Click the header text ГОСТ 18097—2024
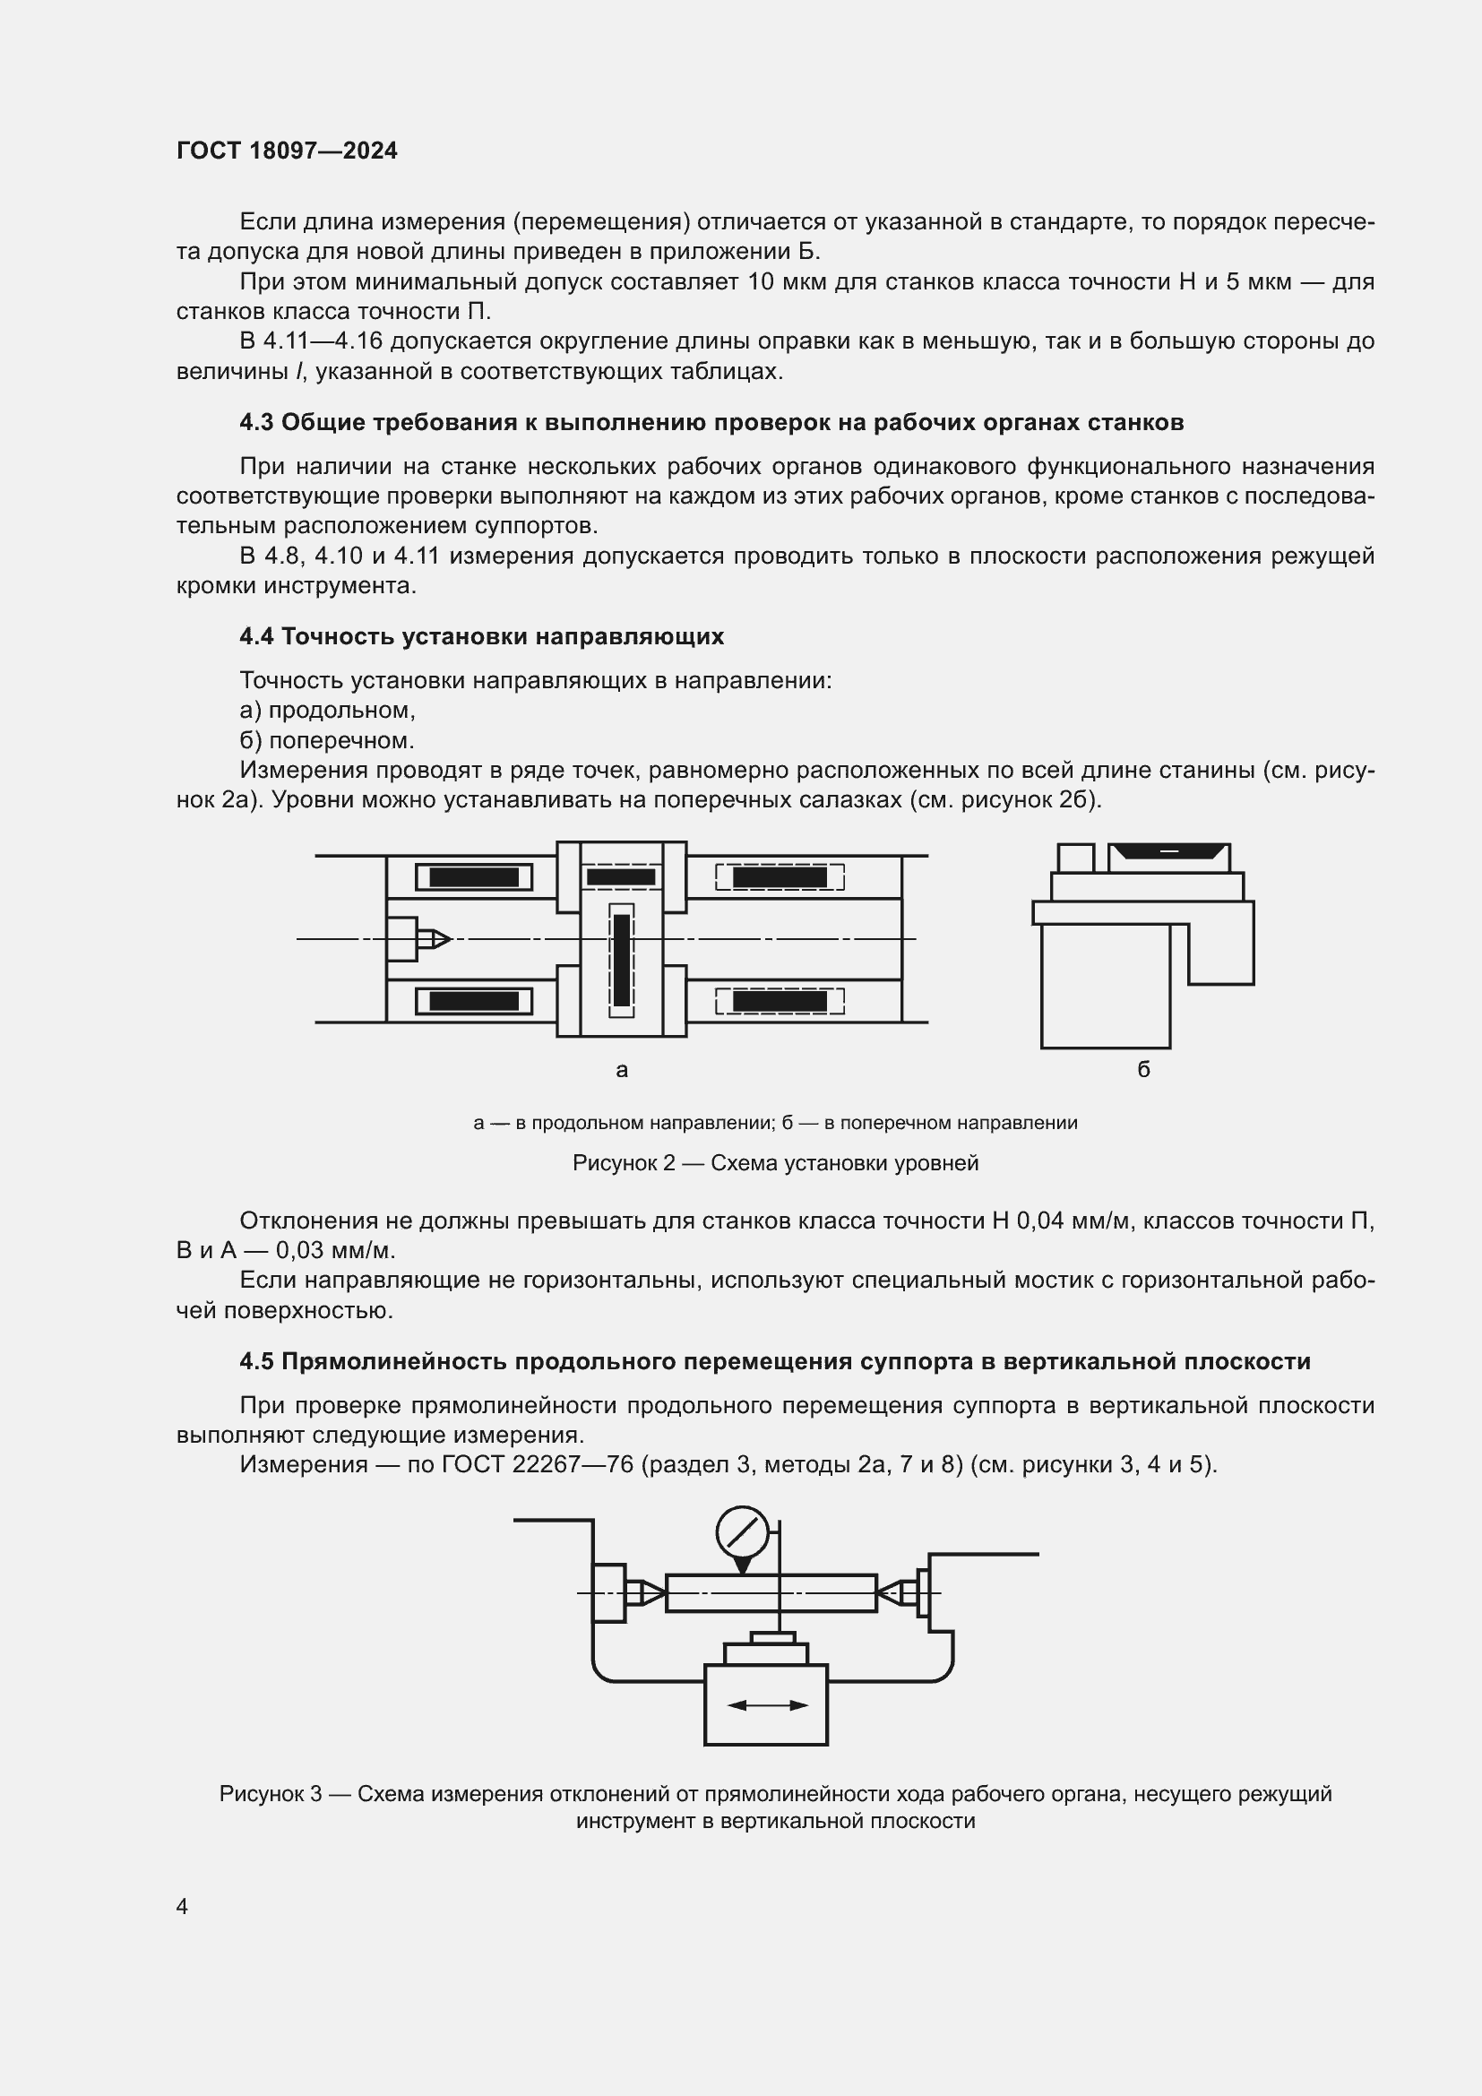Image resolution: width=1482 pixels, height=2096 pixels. (x=287, y=151)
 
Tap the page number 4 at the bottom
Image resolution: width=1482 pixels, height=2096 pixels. (x=182, y=1906)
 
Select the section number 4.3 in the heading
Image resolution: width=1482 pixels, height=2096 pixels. (x=256, y=423)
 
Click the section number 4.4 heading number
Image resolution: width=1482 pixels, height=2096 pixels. (x=256, y=636)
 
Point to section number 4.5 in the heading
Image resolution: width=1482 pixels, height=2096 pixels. (x=256, y=1361)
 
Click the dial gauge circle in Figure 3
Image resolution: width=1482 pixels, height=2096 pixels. (x=742, y=1532)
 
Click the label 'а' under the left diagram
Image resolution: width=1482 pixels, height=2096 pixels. (x=622, y=1070)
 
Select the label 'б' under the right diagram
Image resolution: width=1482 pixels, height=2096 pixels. (x=1143, y=1070)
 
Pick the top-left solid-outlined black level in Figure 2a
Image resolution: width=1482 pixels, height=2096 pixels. (x=474, y=877)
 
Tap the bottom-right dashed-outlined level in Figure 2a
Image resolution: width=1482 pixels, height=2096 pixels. (x=780, y=1002)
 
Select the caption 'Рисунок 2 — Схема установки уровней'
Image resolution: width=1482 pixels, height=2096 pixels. (x=775, y=1163)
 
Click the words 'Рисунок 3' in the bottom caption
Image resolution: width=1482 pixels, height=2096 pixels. (x=270, y=1794)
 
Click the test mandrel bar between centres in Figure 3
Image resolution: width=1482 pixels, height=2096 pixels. (x=771, y=1593)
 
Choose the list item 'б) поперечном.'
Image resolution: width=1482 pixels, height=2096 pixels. (x=327, y=739)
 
